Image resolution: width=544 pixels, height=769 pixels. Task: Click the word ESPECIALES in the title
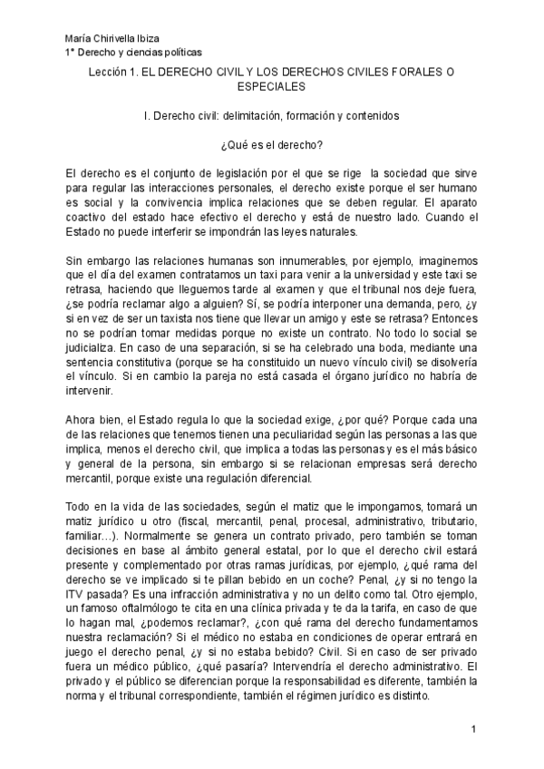coord(271,87)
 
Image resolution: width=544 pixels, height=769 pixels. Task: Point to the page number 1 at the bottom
coord(473,730)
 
